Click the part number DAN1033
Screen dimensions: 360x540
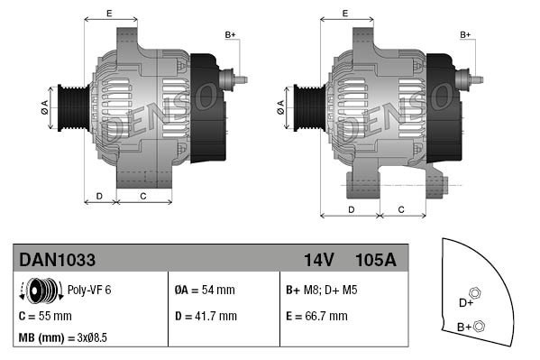[58, 260]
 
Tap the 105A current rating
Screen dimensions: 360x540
[377, 260]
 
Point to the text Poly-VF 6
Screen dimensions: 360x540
[90, 291]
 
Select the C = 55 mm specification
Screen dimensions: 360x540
[45, 317]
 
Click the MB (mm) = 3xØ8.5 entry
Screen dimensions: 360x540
[62, 339]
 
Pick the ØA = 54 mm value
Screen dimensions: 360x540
[204, 291]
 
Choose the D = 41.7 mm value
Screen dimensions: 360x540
[205, 317]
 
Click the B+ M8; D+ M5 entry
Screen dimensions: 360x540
[322, 291]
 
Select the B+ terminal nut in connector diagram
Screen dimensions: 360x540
[479, 326]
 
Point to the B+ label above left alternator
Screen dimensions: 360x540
[230, 34]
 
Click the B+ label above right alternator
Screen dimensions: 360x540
[466, 34]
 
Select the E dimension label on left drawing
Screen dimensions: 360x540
[109, 13]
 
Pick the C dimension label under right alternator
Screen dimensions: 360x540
[399, 208]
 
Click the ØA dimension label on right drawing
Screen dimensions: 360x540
[279, 109]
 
